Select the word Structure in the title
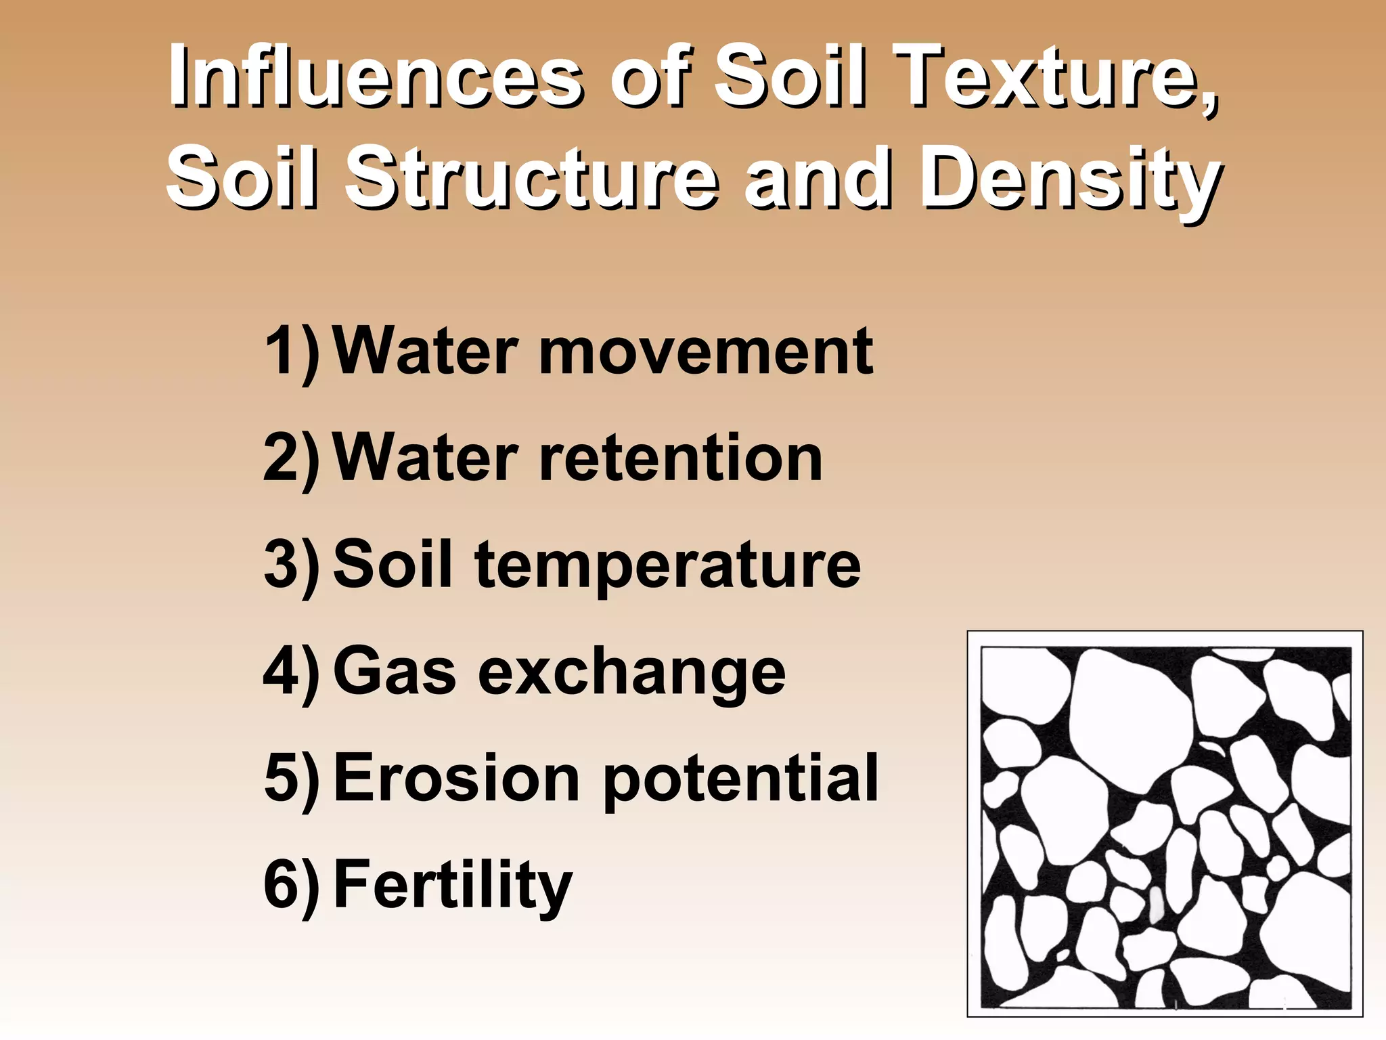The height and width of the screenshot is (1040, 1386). coord(531,179)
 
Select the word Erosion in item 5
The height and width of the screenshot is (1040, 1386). coord(457,778)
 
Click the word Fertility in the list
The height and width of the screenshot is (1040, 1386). coord(453,885)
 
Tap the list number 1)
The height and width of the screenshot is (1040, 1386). coord(292,351)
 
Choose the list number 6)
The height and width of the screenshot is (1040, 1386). coord(292,885)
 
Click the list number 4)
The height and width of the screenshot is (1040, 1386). coord(292,672)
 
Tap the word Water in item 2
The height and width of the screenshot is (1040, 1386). coord(426,458)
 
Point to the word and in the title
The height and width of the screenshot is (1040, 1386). coord(815,179)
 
